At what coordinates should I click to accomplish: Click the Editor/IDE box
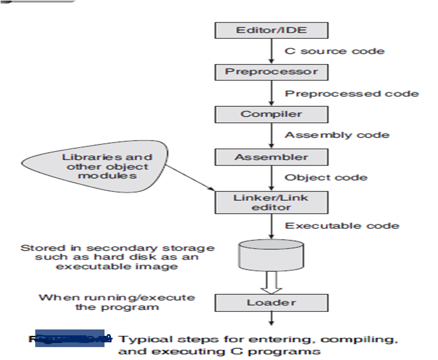click(271, 30)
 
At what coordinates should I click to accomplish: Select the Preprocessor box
click(271, 72)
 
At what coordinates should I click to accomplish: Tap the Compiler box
click(271, 114)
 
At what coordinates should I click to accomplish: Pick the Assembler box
click(271, 157)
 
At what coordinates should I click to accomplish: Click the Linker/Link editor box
click(271, 202)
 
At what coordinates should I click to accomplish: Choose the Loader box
click(271, 303)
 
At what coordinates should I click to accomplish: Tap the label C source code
click(335, 51)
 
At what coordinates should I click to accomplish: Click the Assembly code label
click(336, 135)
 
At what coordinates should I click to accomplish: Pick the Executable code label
click(342, 226)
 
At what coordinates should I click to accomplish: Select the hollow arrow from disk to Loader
click(271, 282)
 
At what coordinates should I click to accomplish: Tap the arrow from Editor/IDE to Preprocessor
click(271, 51)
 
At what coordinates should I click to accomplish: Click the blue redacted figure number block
click(70, 338)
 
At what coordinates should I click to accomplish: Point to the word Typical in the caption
click(139, 339)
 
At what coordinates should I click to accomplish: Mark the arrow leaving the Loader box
click(271, 318)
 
